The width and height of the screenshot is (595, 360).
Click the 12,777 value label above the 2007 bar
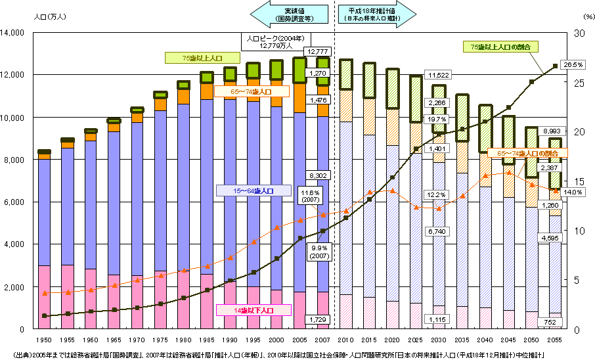point(318,51)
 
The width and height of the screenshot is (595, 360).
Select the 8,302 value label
point(318,175)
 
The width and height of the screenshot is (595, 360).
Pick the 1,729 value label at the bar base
point(318,319)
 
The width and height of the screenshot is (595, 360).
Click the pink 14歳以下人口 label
point(253,309)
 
